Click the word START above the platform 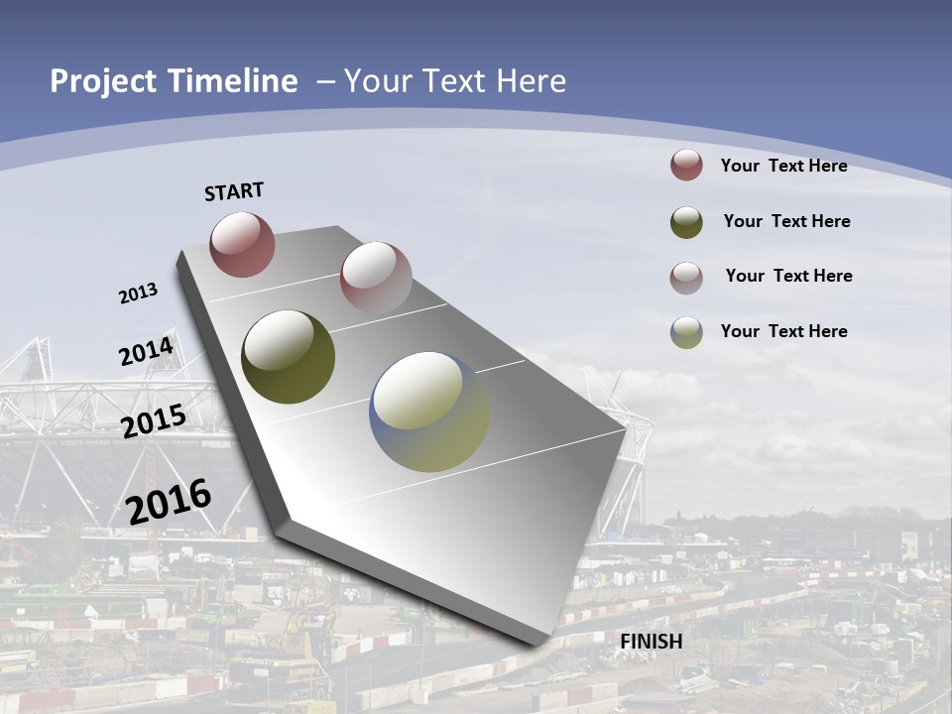click(234, 191)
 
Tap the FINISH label click(652, 642)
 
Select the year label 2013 click(139, 294)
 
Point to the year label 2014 click(147, 352)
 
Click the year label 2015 click(154, 421)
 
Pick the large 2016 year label click(170, 501)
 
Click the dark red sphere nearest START click(242, 244)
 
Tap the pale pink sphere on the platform click(376, 278)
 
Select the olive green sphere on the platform click(289, 357)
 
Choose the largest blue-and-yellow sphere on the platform click(429, 412)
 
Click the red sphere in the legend click(686, 165)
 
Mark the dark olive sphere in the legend click(686, 222)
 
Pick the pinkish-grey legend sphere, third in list click(686, 278)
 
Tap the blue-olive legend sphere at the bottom click(686, 332)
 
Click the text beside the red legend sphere click(783, 166)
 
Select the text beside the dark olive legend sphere click(786, 221)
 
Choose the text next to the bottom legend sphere click(783, 331)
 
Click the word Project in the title click(102, 81)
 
